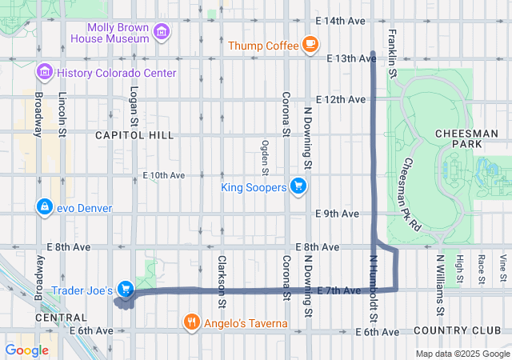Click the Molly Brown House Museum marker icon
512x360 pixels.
coord(162,32)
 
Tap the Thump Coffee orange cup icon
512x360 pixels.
coord(310,45)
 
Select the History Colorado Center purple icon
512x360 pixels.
coord(45,73)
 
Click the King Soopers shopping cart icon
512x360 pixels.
coord(298,187)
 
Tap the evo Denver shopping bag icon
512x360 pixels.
coord(45,208)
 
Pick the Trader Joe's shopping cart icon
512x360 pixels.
coord(125,289)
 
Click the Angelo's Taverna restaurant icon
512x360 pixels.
coord(191,323)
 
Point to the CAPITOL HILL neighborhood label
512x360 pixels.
coord(134,135)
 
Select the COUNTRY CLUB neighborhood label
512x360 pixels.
coord(458,330)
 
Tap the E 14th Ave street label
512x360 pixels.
coord(340,19)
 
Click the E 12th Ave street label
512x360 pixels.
coord(340,99)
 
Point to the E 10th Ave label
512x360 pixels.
coord(163,174)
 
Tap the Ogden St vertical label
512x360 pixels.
coord(265,156)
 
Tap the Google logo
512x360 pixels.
coord(26,350)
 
